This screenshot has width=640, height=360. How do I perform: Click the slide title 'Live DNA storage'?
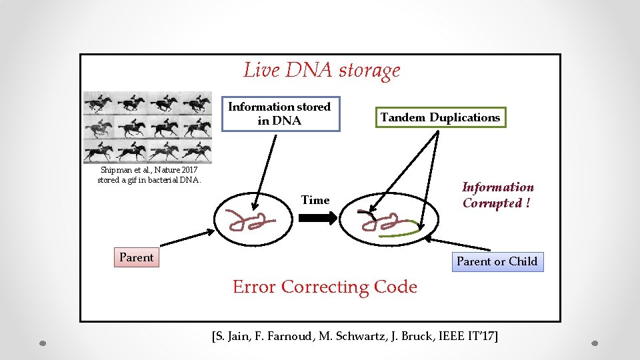(322, 70)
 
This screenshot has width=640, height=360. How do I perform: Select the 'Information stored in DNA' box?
(280, 114)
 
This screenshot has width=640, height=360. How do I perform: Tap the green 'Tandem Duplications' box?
(440, 117)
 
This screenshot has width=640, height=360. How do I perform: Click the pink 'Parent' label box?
(136, 257)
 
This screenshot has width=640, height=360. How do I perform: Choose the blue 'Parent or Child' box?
(497, 261)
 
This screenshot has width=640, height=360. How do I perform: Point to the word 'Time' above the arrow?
(315, 200)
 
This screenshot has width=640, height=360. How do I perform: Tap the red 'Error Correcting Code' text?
(325, 287)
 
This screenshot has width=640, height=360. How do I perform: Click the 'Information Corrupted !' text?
(497, 195)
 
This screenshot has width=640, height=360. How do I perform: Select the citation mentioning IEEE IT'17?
(355, 336)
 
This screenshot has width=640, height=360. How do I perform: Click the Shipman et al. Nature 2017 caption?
(149, 175)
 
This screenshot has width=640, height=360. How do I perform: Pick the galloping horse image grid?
(147, 127)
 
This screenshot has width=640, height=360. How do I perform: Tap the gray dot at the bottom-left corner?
(42, 344)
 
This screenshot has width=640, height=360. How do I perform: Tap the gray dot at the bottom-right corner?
(596, 344)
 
